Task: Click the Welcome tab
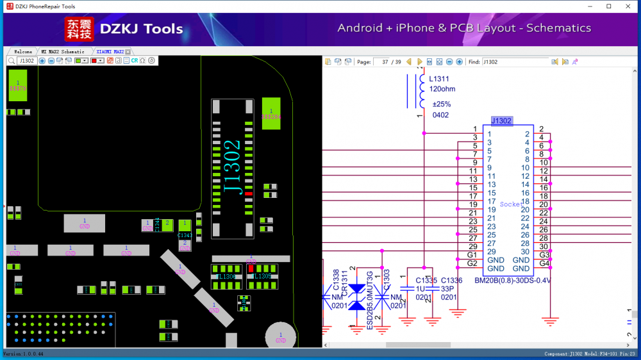(x=23, y=51)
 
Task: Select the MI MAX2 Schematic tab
(x=63, y=51)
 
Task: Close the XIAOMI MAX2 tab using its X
(x=128, y=51)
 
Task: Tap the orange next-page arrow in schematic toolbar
(x=420, y=61)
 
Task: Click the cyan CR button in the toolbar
(x=134, y=60)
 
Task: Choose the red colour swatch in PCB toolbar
(x=94, y=60)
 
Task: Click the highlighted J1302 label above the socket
(x=501, y=120)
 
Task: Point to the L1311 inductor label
(x=438, y=79)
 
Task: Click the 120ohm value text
(x=442, y=90)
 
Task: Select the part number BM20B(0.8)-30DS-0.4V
(x=513, y=280)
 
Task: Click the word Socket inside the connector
(x=512, y=204)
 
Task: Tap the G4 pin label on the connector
(x=544, y=263)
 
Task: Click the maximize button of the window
(x=608, y=6)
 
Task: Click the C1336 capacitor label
(x=451, y=281)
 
